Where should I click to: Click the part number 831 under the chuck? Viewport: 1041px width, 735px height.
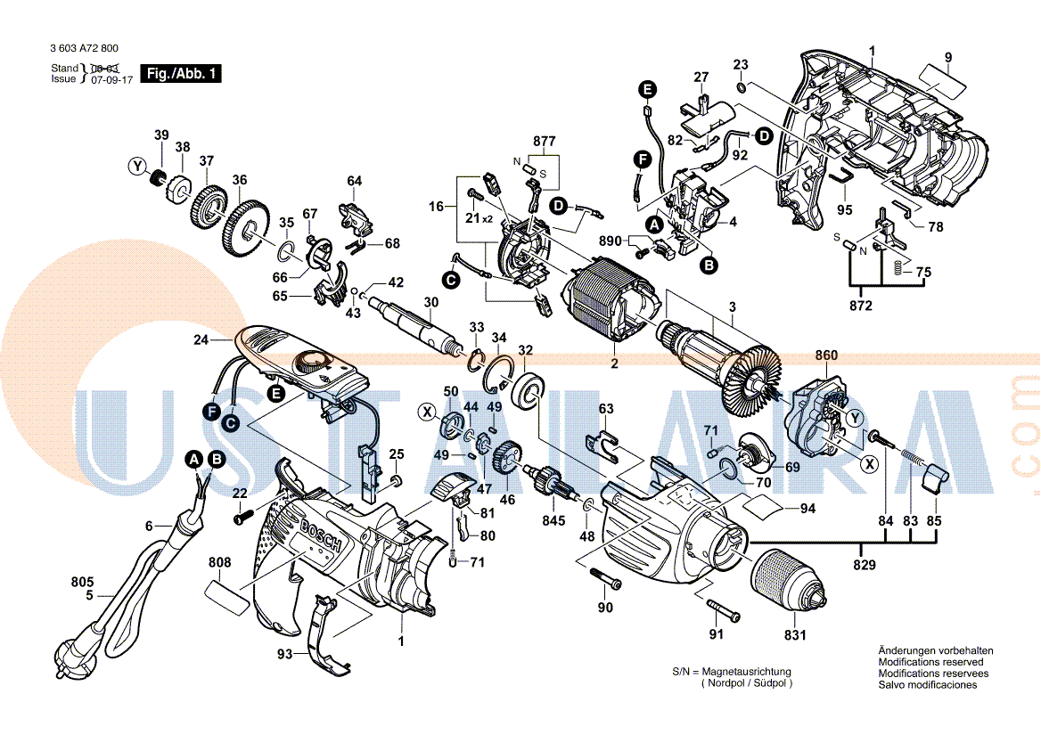click(x=795, y=635)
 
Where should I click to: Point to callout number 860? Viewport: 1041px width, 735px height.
click(x=826, y=356)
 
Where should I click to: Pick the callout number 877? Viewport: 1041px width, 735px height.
click(x=544, y=142)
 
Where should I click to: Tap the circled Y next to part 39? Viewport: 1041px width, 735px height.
click(x=136, y=166)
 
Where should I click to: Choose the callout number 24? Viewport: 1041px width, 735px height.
click(x=201, y=339)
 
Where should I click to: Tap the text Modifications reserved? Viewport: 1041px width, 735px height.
click(x=930, y=662)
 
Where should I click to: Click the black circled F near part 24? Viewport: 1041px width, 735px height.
click(x=211, y=412)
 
